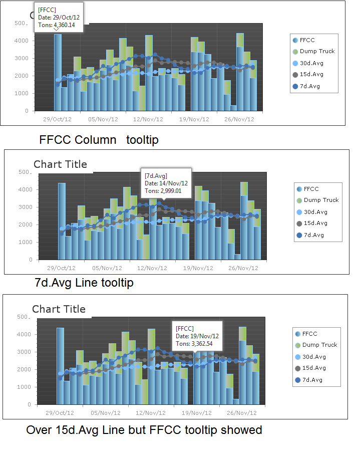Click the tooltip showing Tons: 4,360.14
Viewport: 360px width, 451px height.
click(x=58, y=17)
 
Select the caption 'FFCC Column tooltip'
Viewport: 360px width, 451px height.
click(x=99, y=140)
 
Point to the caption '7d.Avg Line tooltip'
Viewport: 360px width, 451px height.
click(x=84, y=283)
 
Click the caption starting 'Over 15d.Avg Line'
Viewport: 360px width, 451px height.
click(x=144, y=430)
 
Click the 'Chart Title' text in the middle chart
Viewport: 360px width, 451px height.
click(x=60, y=164)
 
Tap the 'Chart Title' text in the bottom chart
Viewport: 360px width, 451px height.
click(x=59, y=309)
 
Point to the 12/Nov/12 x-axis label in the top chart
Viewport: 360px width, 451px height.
click(x=148, y=119)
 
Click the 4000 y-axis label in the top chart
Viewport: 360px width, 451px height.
click(x=22, y=41)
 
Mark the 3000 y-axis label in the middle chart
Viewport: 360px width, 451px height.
click(x=25, y=207)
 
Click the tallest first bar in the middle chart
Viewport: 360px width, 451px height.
click(x=62, y=220)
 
